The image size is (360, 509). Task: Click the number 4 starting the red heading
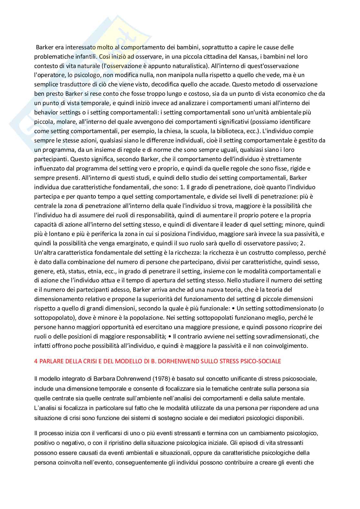click(36, 361)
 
